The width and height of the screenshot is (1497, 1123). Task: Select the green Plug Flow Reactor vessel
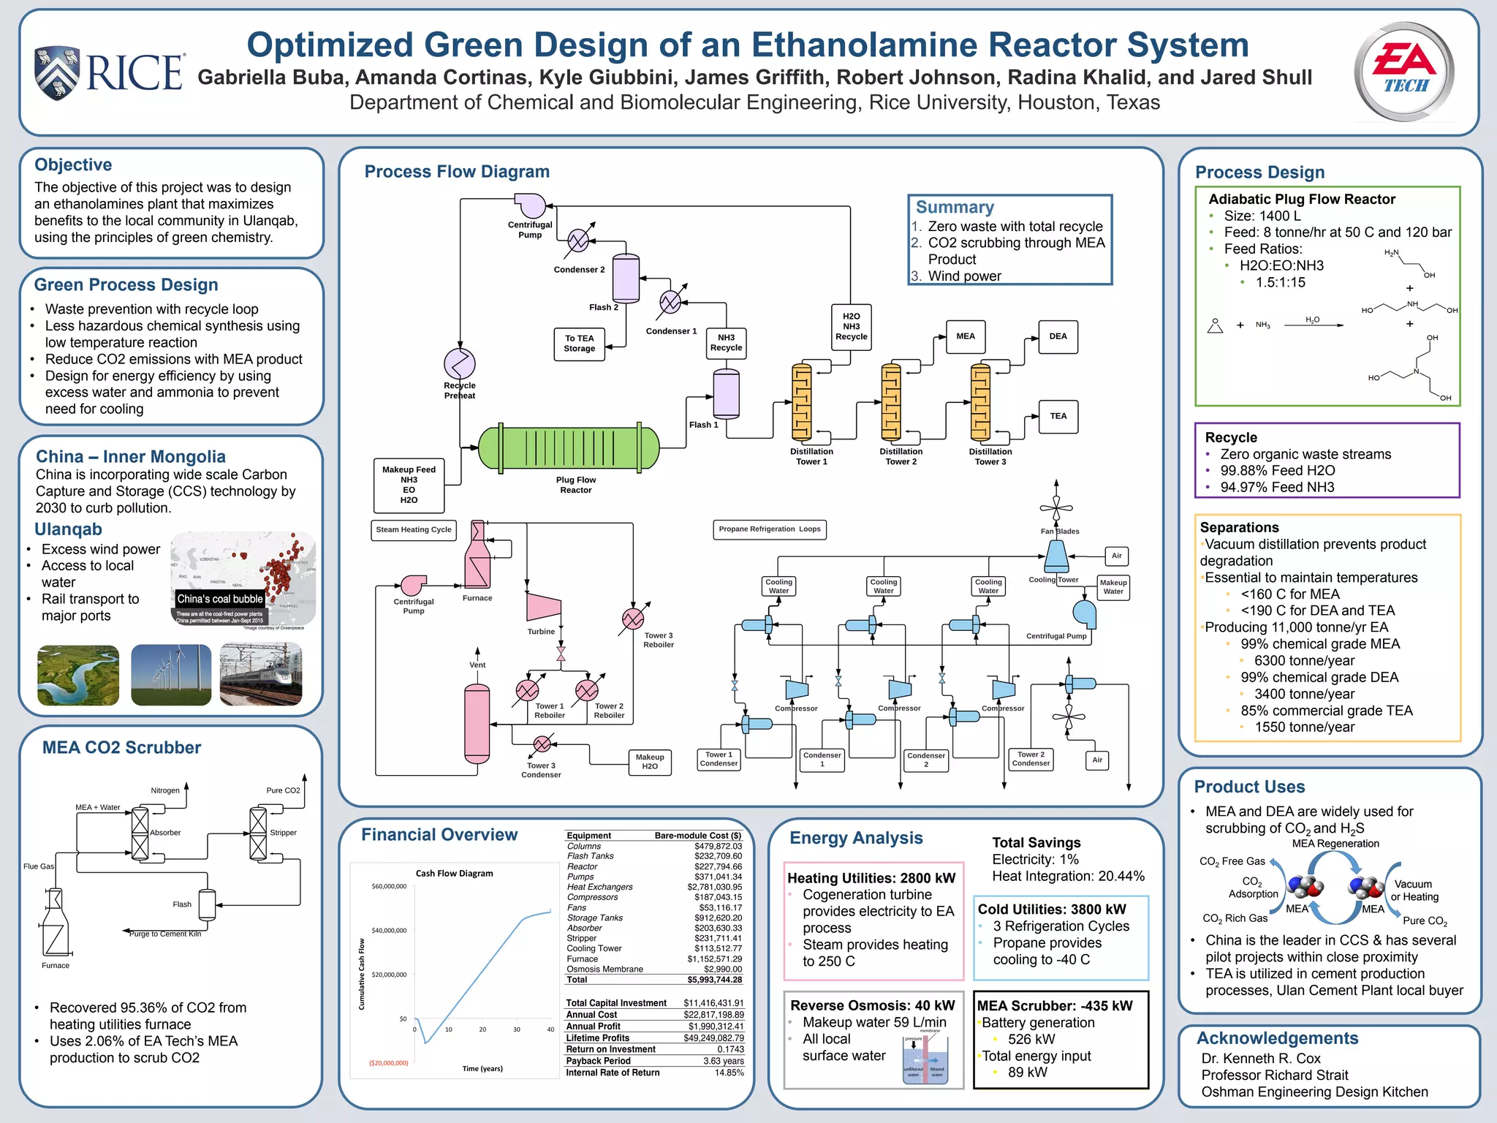point(569,447)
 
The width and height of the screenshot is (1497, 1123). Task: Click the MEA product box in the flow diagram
point(965,336)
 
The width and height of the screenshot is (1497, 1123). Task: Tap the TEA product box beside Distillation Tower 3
point(1058,416)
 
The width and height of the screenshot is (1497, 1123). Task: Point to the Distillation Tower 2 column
point(891,402)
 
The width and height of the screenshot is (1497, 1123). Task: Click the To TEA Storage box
point(579,344)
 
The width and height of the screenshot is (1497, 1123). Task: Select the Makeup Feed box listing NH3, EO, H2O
point(409,485)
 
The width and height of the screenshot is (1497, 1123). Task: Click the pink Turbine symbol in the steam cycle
point(543,606)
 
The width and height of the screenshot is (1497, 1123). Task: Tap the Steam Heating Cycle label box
point(414,529)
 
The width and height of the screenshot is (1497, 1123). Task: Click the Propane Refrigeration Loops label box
point(769,529)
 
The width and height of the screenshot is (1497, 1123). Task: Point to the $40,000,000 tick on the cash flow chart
point(389,931)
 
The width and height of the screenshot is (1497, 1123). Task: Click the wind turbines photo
point(171,675)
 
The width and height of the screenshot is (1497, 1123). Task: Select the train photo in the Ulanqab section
point(261,675)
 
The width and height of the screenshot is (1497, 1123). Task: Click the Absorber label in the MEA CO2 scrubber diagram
point(165,833)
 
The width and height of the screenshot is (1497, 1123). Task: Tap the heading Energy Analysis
point(856,838)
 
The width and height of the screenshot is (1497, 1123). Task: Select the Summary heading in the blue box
point(955,207)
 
